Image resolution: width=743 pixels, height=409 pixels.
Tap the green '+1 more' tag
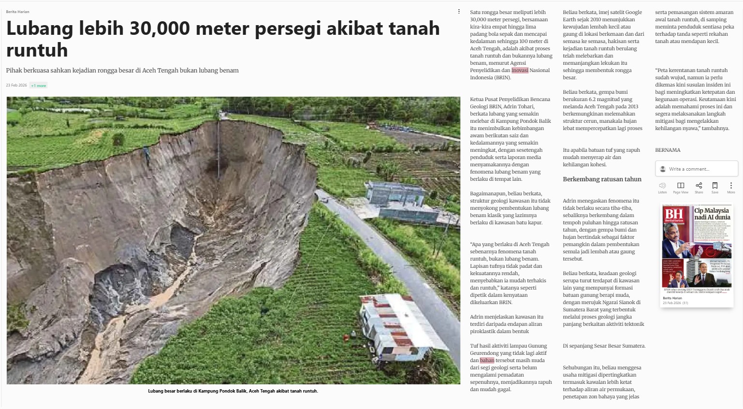click(39, 86)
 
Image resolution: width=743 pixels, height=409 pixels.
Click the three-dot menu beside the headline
click(459, 12)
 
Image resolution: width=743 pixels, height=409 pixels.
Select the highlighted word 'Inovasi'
click(520, 70)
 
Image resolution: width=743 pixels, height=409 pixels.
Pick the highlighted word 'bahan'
click(487, 360)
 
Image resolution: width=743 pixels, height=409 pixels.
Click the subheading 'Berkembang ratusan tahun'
click(602, 179)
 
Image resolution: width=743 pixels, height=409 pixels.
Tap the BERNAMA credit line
click(668, 150)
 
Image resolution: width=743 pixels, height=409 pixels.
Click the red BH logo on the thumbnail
click(674, 214)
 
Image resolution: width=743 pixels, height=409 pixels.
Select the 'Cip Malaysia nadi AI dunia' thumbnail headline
click(712, 214)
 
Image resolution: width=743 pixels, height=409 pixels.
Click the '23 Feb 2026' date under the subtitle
click(16, 85)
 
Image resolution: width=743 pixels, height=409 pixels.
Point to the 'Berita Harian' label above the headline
click(17, 12)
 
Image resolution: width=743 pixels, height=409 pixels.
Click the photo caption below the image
click(233, 391)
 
